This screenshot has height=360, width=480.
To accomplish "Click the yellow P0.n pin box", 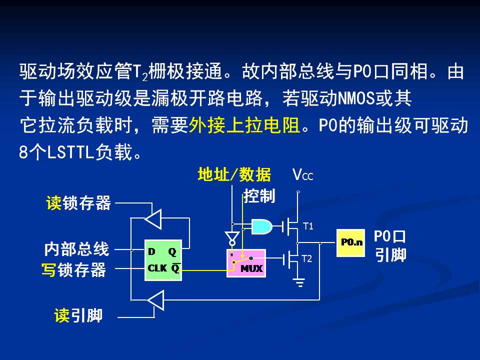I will [350, 242].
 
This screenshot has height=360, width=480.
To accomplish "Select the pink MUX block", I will [245, 262].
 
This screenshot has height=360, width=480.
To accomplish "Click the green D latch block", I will [163, 260].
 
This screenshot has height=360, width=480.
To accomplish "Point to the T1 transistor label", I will [308, 226].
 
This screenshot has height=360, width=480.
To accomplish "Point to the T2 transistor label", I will [307, 259].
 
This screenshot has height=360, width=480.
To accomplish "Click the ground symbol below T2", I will [299, 283].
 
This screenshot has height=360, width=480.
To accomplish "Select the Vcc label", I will [303, 175].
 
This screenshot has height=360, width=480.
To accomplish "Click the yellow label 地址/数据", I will [234, 175].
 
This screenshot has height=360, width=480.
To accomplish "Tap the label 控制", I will [259, 196].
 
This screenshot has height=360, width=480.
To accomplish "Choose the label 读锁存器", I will [78, 203].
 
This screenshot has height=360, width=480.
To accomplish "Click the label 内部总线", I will [76, 248].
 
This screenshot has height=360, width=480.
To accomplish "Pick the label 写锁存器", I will [74, 270].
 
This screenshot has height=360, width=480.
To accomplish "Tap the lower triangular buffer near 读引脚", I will [155, 300].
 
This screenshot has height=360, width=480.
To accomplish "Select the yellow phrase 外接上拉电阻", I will [245, 125].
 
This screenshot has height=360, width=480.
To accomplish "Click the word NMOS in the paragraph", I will [358, 98].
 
